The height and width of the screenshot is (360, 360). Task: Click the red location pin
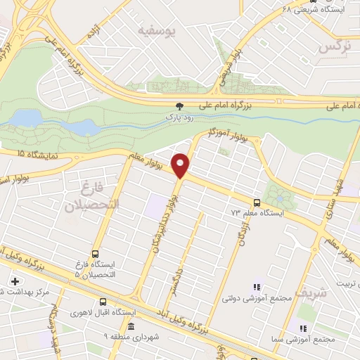point(181,164)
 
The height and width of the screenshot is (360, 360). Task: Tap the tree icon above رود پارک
point(179,106)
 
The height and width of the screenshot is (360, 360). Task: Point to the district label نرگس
point(335,46)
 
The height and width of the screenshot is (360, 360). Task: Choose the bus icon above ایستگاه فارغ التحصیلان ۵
point(95,255)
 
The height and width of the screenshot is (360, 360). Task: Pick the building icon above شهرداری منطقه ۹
point(131,327)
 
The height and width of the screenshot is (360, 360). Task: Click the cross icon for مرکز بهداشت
point(15,281)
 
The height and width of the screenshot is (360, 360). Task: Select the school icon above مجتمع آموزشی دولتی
point(257,287)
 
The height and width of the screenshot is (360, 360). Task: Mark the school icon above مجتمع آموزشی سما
point(304,328)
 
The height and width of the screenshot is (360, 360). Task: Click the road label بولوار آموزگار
point(229,136)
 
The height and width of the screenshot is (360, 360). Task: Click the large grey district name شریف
point(311,290)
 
